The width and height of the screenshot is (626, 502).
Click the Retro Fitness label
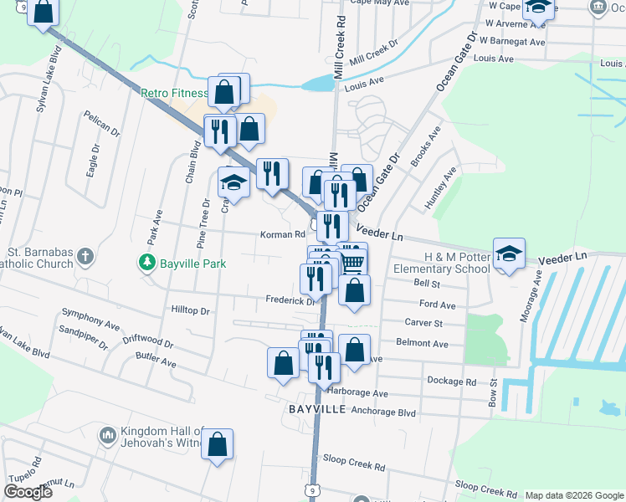(x=173, y=93)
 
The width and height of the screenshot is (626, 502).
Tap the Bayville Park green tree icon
(x=147, y=264)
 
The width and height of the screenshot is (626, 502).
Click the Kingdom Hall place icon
(x=106, y=436)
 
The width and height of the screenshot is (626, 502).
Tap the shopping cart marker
(x=352, y=259)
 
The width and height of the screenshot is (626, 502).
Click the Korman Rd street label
(x=282, y=235)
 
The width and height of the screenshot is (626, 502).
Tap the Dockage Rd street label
(x=451, y=381)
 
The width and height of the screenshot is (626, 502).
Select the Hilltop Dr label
(x=190, y=310)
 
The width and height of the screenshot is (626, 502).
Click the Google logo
(x=27, y=491)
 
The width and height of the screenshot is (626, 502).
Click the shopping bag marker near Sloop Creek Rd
(x=217, y=445)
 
